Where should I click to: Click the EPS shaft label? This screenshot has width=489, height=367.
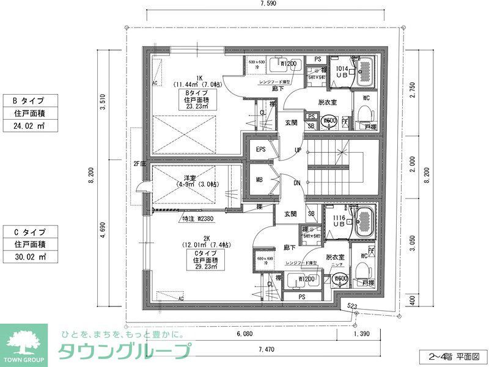(260, 150)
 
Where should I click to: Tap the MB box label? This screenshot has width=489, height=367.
(260, 180)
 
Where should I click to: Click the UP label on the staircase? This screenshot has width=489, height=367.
(298, 150)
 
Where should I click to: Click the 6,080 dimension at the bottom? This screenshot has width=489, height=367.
(244, 335)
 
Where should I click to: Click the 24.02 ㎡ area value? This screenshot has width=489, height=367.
(31, 126)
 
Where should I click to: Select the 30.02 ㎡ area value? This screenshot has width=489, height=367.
(31, 256)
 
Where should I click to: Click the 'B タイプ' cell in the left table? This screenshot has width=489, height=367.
(31, 100)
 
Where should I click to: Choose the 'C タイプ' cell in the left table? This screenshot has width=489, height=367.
(31, 231)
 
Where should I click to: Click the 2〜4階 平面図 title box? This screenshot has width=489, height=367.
(453, 355)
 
